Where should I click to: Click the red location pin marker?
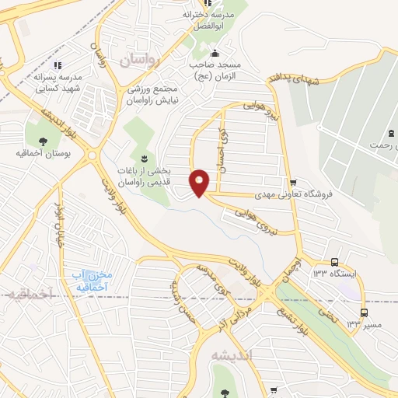(x=200, y=182)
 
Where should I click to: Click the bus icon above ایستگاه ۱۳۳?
(x=334, y=262)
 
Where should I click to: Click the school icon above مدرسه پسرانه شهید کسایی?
(x=58, y=65)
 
